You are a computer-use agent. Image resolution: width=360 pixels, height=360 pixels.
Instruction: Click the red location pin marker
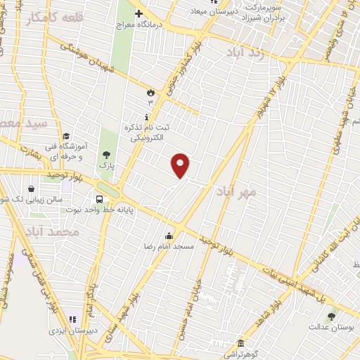181,165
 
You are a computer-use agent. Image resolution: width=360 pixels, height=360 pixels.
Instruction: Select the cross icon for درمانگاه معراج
139,13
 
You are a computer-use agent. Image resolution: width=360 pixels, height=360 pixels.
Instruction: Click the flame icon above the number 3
150,92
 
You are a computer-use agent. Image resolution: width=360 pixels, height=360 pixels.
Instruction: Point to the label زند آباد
245,53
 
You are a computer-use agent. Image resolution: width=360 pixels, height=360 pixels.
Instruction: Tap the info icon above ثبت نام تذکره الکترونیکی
146,116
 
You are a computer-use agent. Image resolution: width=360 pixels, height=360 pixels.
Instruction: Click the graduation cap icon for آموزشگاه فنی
66,136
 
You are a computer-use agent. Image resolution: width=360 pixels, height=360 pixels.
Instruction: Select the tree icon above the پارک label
106,154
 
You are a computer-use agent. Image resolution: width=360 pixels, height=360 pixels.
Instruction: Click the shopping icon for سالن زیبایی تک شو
31,188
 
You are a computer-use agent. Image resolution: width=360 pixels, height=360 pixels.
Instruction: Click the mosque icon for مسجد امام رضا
168,236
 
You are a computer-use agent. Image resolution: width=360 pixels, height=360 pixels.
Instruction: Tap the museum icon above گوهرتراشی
240,343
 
